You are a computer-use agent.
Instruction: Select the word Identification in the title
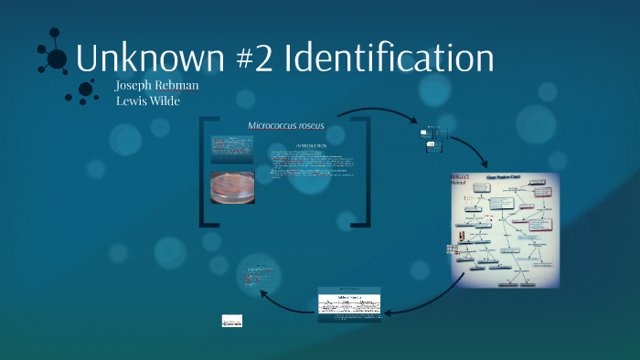point(389,58)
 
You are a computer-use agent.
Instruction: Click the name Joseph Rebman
point(156,86)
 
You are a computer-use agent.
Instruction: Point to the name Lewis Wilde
point(147,101)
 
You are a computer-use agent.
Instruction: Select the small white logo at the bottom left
point(232,321)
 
